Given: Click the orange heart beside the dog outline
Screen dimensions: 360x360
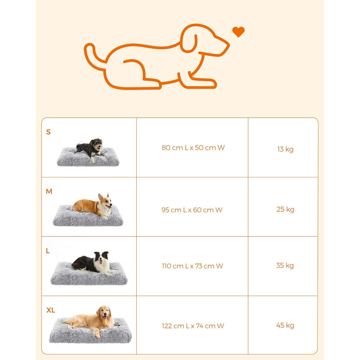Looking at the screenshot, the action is coord(238,32).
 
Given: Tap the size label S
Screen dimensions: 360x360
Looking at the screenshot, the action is coord(48,132).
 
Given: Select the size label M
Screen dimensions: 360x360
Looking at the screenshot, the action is coord(49,191).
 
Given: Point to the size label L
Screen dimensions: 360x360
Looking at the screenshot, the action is coord(48,251).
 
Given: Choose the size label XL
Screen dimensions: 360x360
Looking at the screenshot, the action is coord(51,310).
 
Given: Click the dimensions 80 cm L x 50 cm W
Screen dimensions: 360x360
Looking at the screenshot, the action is coord(193,148).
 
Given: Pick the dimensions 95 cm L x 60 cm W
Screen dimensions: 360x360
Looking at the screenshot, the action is coord(192,210).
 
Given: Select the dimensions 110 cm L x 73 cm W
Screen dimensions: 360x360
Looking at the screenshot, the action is coord(192,266).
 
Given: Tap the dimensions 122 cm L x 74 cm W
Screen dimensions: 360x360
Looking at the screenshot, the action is coord(193,326).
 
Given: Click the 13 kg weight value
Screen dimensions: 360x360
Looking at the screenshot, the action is coord(285,150).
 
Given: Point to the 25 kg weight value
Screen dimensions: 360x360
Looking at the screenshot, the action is coord(285,209).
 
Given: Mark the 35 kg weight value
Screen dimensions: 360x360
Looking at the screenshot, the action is coord(285,266).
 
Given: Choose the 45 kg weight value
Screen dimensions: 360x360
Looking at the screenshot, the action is coord(285,326).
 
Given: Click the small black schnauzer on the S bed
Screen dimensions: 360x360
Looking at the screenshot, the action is coord(91,149).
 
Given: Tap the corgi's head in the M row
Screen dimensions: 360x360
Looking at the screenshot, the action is coord(105,202).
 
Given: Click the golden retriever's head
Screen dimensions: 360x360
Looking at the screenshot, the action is coord(104,313).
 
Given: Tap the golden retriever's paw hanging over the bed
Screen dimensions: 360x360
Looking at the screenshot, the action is coord(98,334).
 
